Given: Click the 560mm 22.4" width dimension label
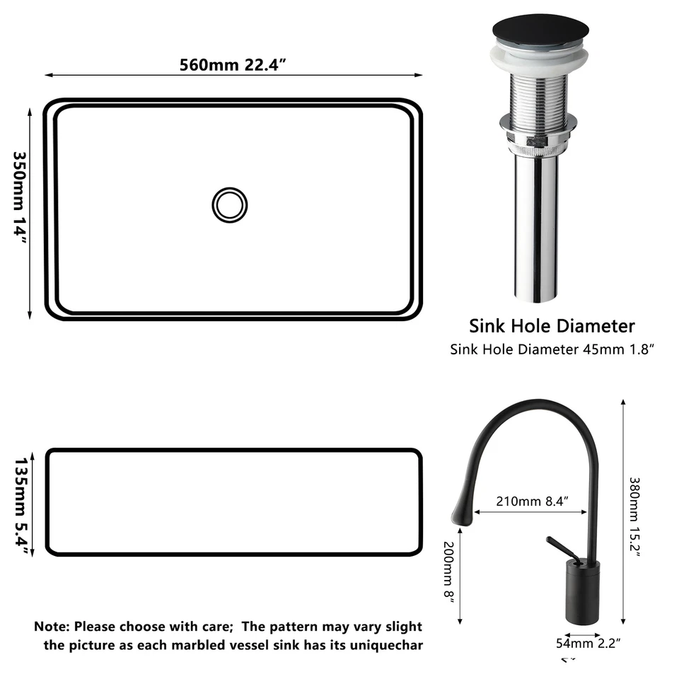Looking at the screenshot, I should click(x=233, y=64).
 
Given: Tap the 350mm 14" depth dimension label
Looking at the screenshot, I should click(x=21, y=198).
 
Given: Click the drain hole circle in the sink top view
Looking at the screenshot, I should click(x=230, y=205).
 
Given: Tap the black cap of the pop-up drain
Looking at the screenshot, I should click(x=534, y=36).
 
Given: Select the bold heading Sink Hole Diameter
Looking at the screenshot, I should click(x=552, y=326).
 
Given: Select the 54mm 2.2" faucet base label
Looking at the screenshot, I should click(x=589, y=643).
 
